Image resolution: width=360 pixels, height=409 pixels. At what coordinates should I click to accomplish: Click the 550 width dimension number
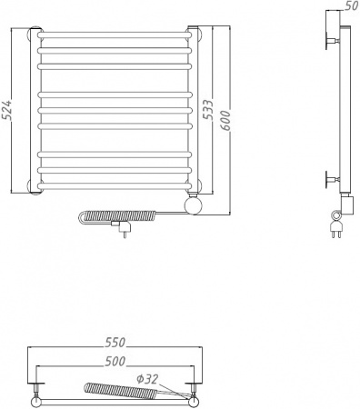click(114, 344)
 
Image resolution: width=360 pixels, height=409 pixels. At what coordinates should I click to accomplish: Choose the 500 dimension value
click(114, 362)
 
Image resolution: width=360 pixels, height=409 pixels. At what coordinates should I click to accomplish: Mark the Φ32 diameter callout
click(147, 378)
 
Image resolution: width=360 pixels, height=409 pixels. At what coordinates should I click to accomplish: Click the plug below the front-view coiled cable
click(119, 232)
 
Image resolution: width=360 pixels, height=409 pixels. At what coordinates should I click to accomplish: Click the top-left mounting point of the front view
click(35, 36)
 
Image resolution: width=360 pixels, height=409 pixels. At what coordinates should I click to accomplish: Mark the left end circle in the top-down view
click(35, 399)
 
